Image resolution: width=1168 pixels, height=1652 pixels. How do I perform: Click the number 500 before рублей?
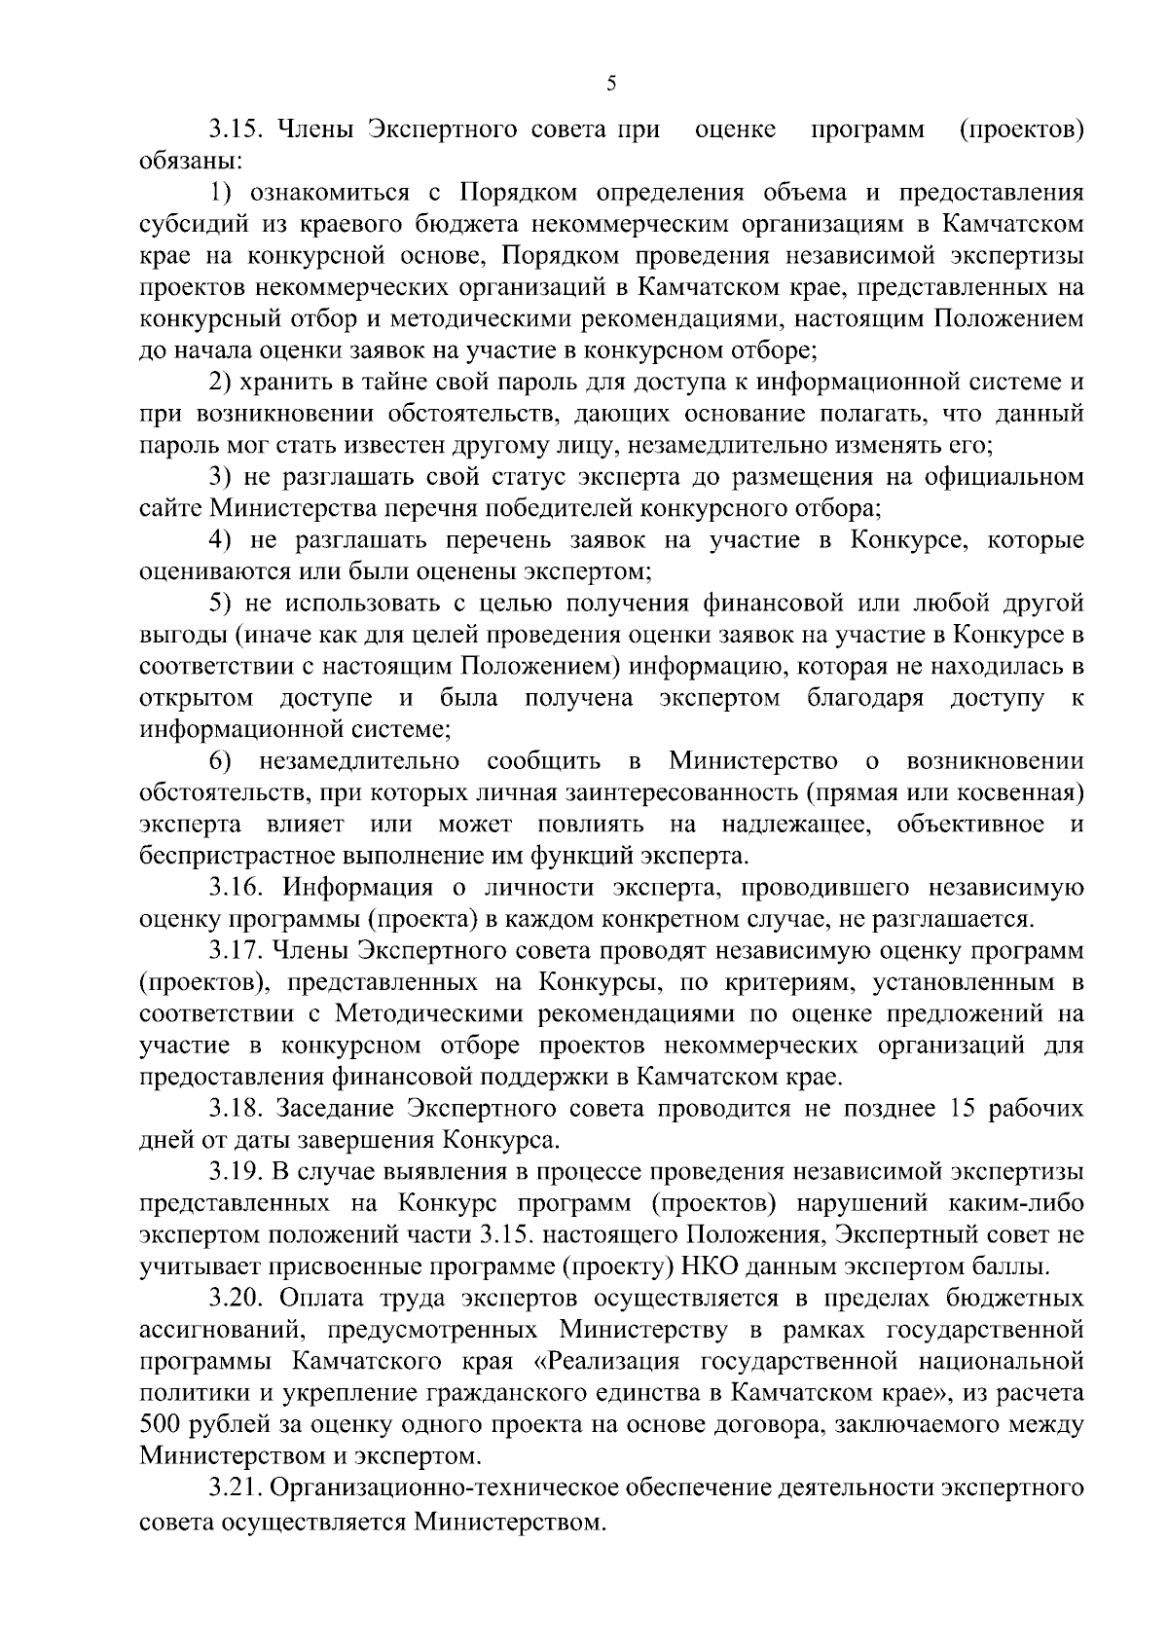click(x=162, y=1423)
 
